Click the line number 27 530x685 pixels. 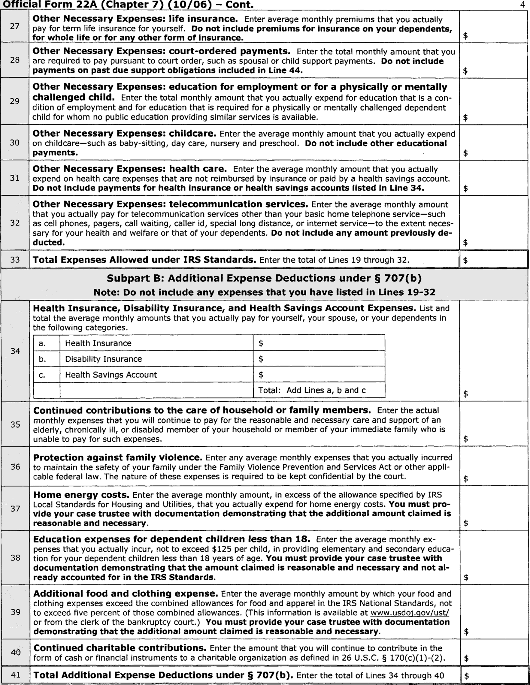point(14,26)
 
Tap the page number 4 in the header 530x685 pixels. point(522,5)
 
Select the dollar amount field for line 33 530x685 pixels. point(494,260)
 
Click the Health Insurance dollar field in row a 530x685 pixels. point(319,343)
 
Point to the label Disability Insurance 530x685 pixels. point(103,359)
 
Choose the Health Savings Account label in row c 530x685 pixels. point(111,375)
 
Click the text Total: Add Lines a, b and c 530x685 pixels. point(312,390)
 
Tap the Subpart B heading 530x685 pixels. point(264,278)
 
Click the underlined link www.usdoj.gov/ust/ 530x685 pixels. point(410,613)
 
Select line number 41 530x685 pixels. point(15,675)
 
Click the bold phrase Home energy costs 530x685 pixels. point(81,495)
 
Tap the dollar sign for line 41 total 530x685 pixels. point(466,676)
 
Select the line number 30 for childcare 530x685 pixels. point(14,143)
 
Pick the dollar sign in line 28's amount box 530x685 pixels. point(465,71)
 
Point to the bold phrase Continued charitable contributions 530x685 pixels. point(120,648)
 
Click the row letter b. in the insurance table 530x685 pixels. point(42,359)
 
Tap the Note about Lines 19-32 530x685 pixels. point(264,292)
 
